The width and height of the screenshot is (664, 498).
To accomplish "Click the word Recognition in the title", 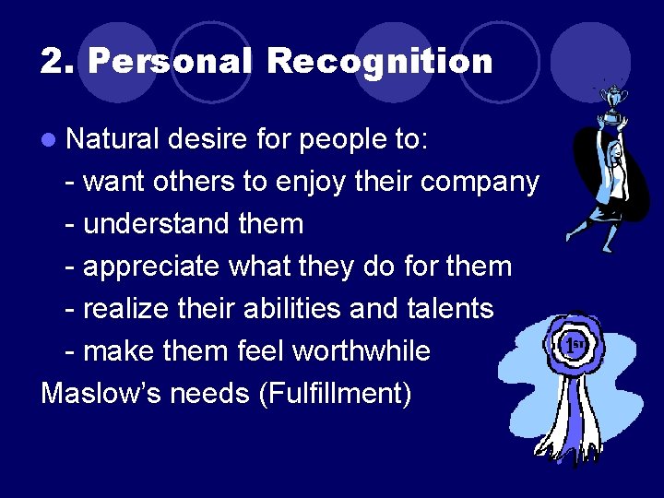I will click(x=380, y=62).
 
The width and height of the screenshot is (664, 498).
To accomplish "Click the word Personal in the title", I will click(x=170, y=62).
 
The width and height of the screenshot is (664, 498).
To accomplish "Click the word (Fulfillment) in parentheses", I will click(x=335, y=394).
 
